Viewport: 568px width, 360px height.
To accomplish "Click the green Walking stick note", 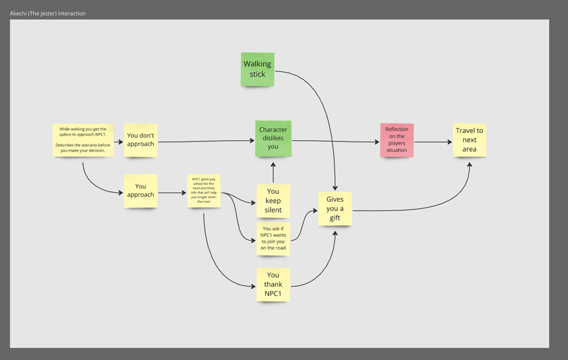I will [257, 69].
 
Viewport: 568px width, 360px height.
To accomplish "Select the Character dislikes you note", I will [273, 138].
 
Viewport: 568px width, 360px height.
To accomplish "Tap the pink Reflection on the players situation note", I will [397, 140].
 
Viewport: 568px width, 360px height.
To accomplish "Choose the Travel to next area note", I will [470, 140].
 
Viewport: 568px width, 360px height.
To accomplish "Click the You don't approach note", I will [141, 140].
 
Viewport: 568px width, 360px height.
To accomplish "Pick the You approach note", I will [140, 190].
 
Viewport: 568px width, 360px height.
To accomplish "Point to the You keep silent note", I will [273, 201].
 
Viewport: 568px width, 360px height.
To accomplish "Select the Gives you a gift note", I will [335, 208].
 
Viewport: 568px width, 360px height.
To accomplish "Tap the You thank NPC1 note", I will [273, 284].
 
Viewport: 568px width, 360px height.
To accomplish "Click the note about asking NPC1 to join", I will [273, 238].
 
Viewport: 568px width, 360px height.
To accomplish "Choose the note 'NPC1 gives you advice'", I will [204, 191].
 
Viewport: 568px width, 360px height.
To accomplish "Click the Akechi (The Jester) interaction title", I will [48, 13].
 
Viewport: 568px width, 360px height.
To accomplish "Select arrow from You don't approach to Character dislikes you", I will [205, 142].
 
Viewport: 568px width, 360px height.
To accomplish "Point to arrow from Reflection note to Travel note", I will [433, 142].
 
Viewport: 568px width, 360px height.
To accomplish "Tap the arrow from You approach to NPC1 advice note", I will [173, 193].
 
